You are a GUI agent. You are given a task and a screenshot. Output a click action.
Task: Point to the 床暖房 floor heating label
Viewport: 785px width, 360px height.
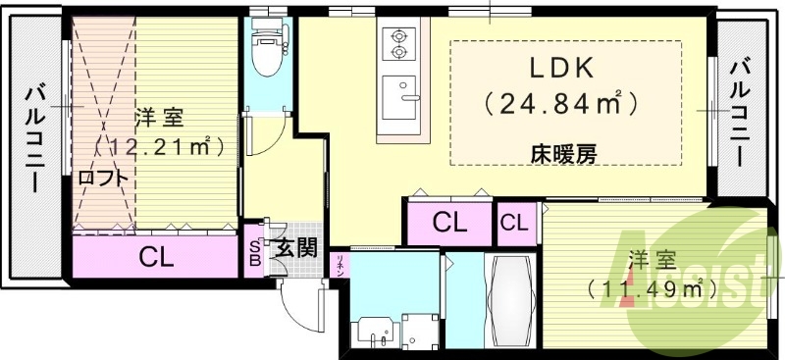(565, 153)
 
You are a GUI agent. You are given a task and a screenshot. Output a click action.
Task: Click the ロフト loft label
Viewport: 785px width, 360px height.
(102, 179)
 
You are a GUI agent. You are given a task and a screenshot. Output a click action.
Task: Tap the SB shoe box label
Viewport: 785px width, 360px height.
(254, 252)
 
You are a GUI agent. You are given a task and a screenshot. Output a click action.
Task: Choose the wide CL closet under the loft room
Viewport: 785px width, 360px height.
(157, 259)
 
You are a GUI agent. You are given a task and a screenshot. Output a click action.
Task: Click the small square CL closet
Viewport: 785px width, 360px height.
(514, 223)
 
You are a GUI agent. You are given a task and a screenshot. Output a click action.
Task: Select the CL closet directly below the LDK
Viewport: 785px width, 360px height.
(448, 223)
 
